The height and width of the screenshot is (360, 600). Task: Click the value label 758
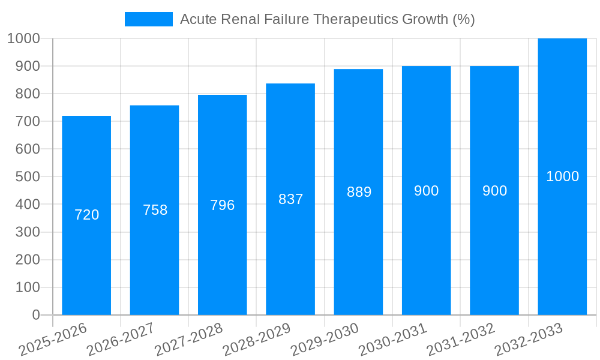pos(155,210)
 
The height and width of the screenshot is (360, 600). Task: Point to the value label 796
pos(223,205)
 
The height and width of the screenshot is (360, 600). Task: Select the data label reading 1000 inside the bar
pos(562,176)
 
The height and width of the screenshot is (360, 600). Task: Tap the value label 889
pos(359,192)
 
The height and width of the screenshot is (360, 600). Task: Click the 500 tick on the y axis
pos(28,177)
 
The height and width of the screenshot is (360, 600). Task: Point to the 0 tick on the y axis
pos(35,315)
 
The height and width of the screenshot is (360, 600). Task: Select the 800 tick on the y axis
pos(28,94)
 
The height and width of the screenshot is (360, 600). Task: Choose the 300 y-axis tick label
pos(28,232)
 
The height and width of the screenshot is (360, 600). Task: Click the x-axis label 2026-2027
pos(121,339)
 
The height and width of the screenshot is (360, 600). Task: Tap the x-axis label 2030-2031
pos(393,339)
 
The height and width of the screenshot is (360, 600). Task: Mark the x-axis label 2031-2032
pos(461,339)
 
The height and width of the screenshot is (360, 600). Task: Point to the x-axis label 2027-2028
pos(189,339)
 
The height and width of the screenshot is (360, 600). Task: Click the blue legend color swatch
pos(148,19)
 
